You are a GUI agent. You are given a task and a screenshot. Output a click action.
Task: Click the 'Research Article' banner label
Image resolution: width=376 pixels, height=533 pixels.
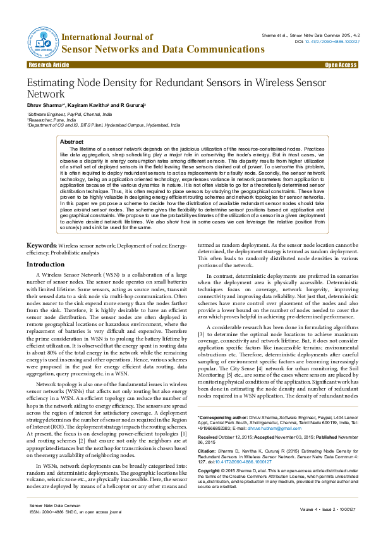pos(49,65)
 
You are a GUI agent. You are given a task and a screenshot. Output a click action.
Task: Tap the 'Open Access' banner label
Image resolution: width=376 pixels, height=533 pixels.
pos(341,65)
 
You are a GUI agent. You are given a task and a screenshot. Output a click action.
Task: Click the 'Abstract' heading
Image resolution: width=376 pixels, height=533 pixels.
pos(71,142)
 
